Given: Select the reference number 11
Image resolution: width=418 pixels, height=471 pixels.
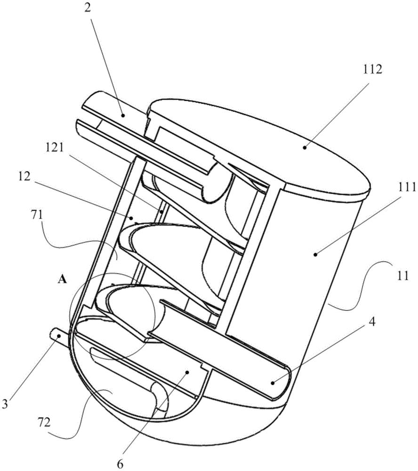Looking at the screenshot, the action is [x=402, y=275].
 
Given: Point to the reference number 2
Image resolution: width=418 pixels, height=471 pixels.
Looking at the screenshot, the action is [x=88, y=8].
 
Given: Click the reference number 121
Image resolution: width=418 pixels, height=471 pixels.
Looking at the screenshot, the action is [x=55, y=148].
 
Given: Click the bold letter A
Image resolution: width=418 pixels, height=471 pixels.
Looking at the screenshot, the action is [x=62, y=280].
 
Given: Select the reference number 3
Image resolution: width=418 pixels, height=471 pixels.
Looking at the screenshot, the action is [x=5, y=404].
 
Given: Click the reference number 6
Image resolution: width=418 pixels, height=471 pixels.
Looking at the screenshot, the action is [x=120, y=464].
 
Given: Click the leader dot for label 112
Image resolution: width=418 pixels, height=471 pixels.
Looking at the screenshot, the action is [x=305, y=147].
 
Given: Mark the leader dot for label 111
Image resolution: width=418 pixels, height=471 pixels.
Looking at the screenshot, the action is [x=315, y=254].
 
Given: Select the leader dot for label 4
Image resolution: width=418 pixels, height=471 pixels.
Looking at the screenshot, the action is [x=273, y=382].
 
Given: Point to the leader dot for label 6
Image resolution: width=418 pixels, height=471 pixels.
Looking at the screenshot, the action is [x=187, y=372].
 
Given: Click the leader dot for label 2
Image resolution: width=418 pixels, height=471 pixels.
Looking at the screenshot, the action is [x=122, y=115].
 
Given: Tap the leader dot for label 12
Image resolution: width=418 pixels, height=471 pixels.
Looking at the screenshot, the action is [x=131, y=217].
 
